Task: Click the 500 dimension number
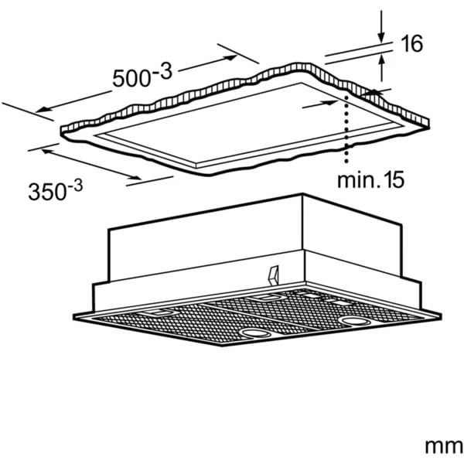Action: click(x=131, y=78)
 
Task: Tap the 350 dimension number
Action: click(x=46, y=192)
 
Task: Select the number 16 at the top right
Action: click(x=411, y=43)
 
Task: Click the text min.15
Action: click(x=370, y=179)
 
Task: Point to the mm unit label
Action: click(x=444, y=446)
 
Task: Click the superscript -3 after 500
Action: click(x=162, y=71)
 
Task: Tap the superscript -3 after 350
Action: click(x=75, y=186)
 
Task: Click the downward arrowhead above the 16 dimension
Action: click(x=381, y=38)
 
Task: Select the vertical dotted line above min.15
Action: click(x=346, y=129)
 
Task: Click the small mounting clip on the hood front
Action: click(x=274, y=275)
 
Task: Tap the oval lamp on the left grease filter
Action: click(x=255, y=333)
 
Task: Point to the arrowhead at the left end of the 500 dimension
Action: click(x=42, y=110)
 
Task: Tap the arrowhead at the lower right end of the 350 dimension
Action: click(x=135, y=177)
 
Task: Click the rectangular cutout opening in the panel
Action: click(x=248, y=125)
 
